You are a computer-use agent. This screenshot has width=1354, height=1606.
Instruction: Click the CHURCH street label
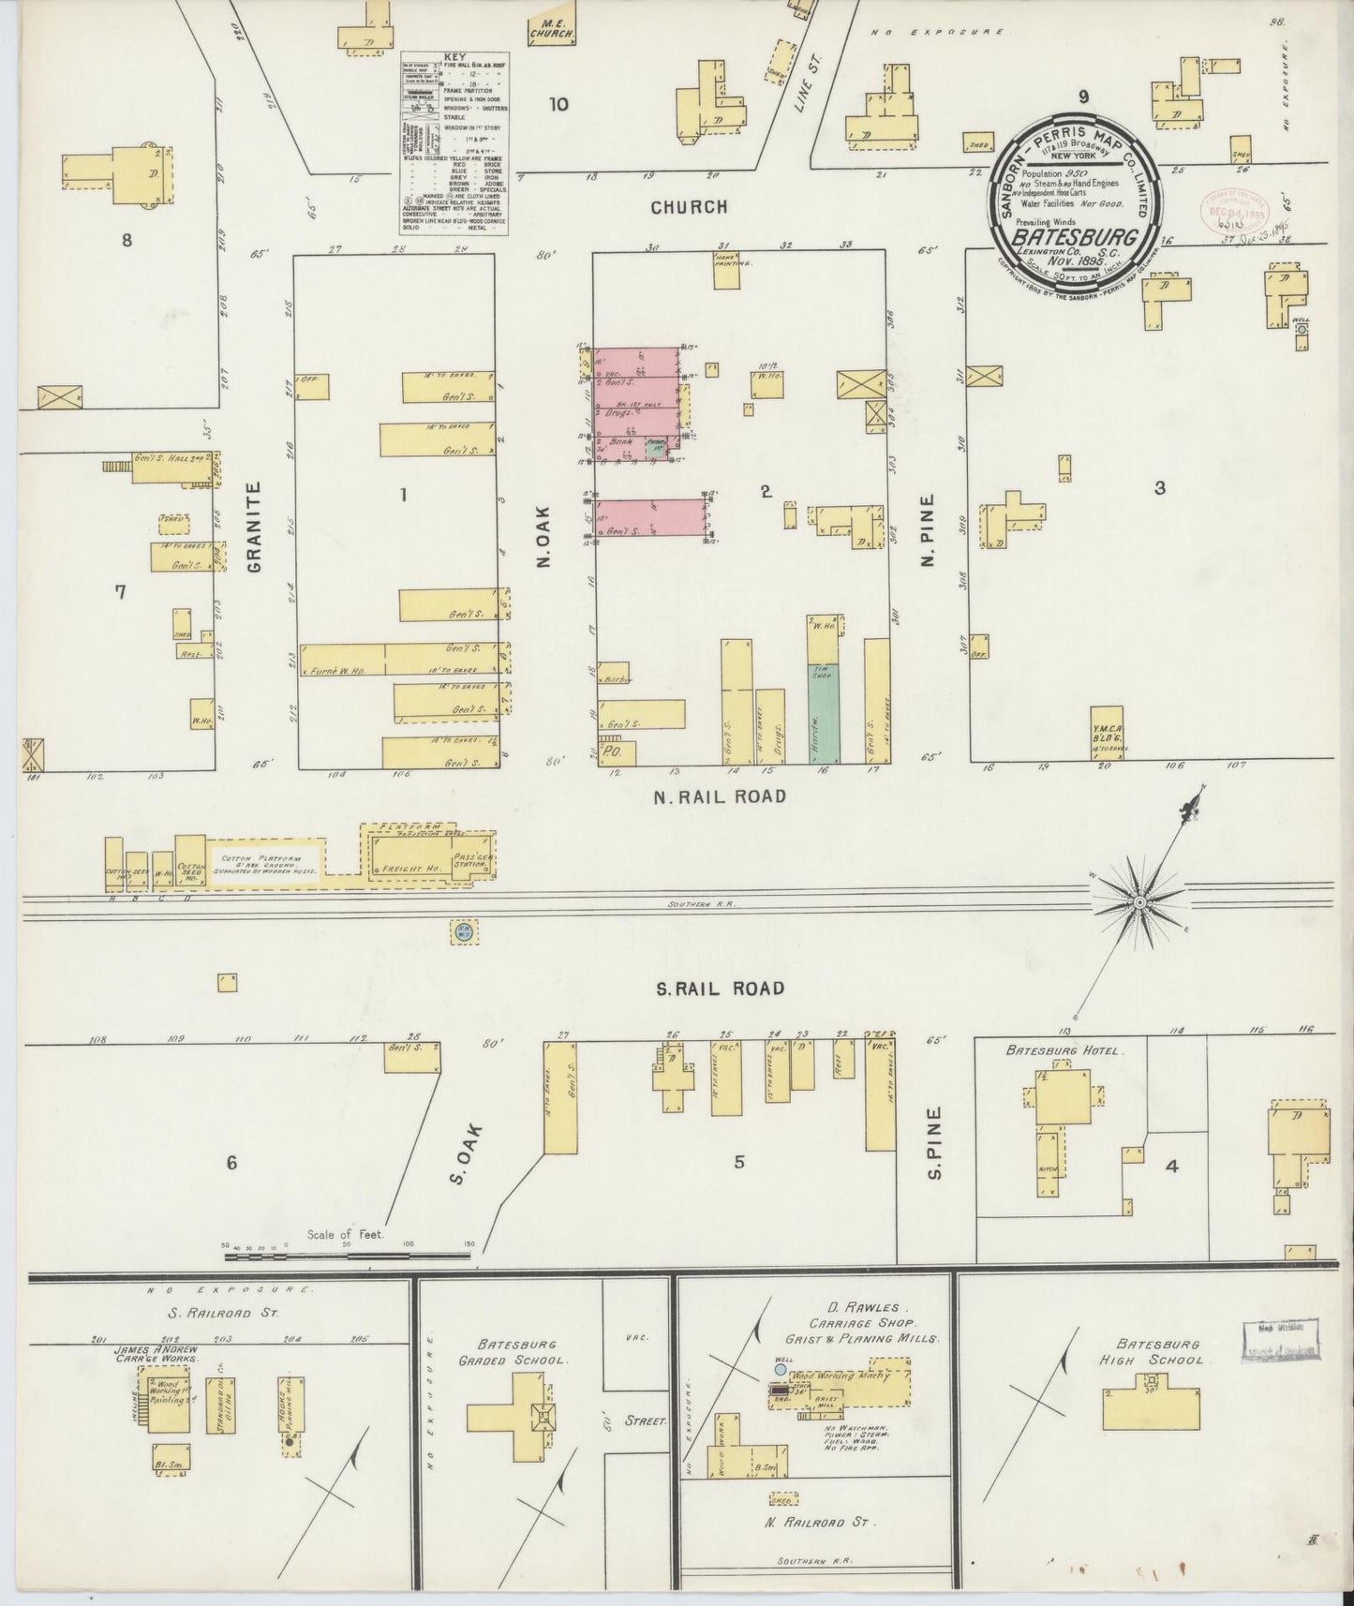click(x=689, y=207)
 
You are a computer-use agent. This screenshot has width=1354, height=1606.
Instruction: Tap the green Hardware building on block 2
click(x=824, y=713)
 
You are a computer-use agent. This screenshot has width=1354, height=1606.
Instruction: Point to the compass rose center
click(x=1139, y=901)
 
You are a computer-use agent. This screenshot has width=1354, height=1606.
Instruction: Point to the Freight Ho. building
click(x=404, y=869)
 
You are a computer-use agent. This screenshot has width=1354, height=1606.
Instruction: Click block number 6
click(x=231, y=1163)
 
